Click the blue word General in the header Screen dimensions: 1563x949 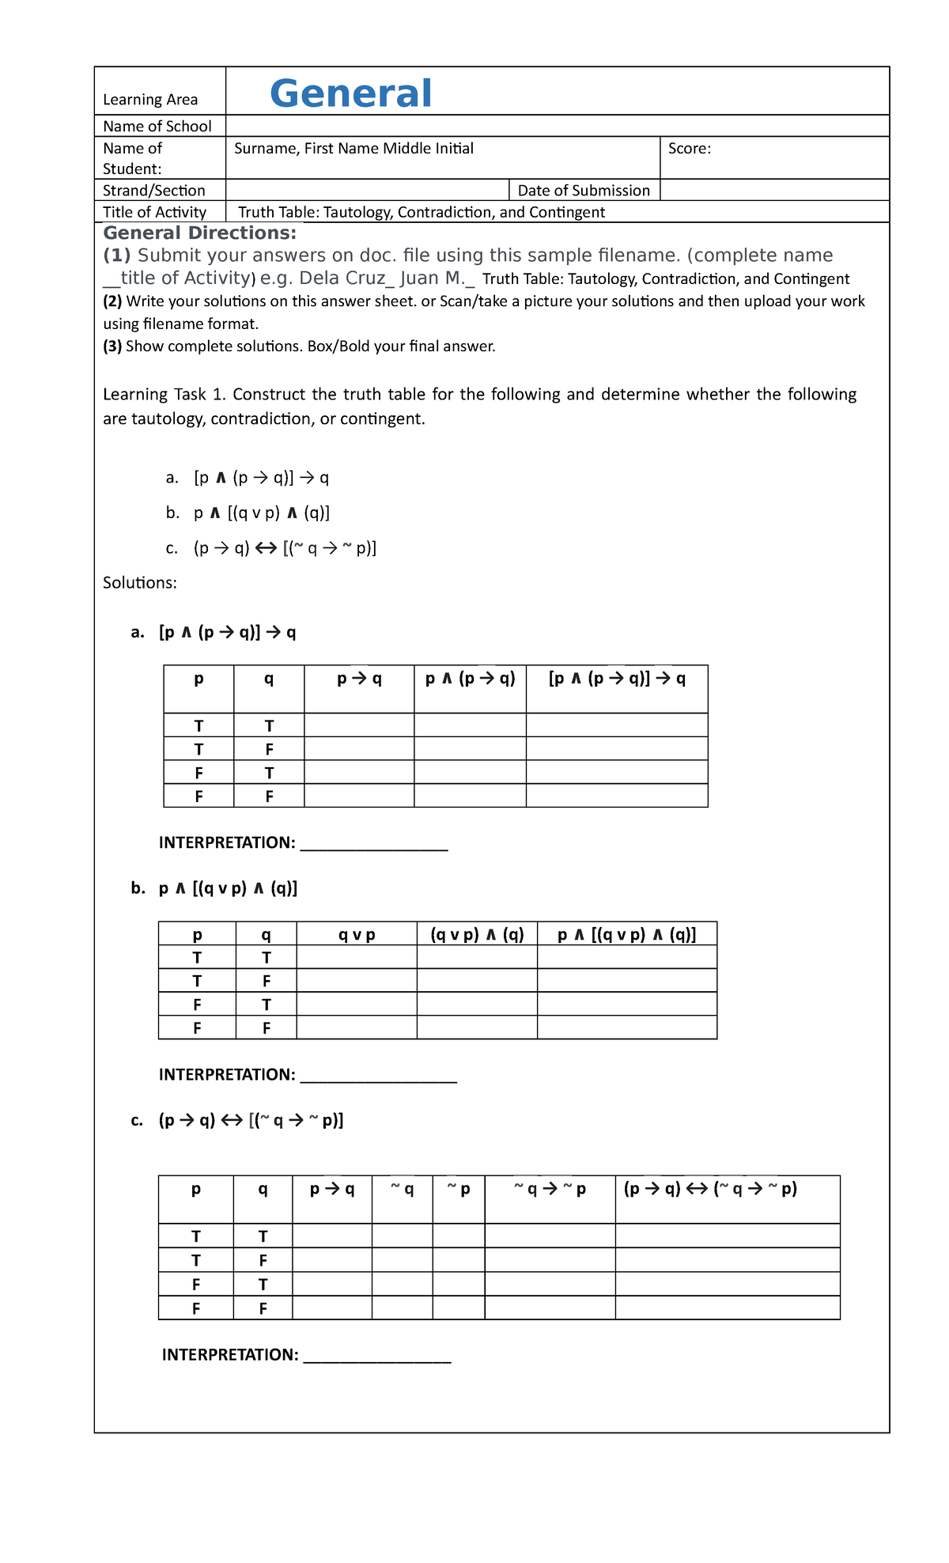click(350, 93)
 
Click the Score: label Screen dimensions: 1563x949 click(689, 149)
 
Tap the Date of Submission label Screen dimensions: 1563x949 click(583, 191)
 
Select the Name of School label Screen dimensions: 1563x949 click(157, 127)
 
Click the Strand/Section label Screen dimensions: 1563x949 click(154, 191)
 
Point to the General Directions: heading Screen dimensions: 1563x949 click(200, 233)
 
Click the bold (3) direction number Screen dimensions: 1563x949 click(112, 346)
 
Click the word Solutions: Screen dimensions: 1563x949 click(140, 583)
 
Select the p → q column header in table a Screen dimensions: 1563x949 click(359, 679)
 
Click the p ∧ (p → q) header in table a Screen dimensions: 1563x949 click(470, 679)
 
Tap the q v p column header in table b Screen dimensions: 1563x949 click(357, 935)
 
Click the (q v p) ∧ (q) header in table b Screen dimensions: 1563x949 click(477, 935)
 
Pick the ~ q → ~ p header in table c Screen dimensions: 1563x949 click(550, 1189)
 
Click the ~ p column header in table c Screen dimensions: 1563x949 click(459, 1189)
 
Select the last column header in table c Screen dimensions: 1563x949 click(710, 1189)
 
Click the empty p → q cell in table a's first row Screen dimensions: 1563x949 click(359, 725)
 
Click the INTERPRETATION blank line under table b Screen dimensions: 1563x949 click(379, 1076)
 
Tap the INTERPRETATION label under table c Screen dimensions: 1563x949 click(230, 1355)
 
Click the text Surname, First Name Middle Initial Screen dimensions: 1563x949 click(354, 149)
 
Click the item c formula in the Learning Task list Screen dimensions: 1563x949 click(285, 548)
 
